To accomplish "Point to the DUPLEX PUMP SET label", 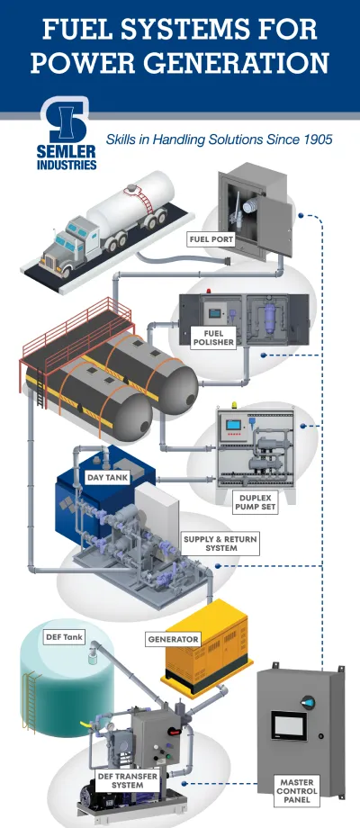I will pyautogui.click(x=253, y=502).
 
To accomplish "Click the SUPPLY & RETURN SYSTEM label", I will pyautogui.click(x=210, y=544).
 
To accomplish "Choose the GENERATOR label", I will pyautogui.click(x=173, y=639).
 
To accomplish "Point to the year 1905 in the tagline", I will pyautogui.click(x=315, y=139).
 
